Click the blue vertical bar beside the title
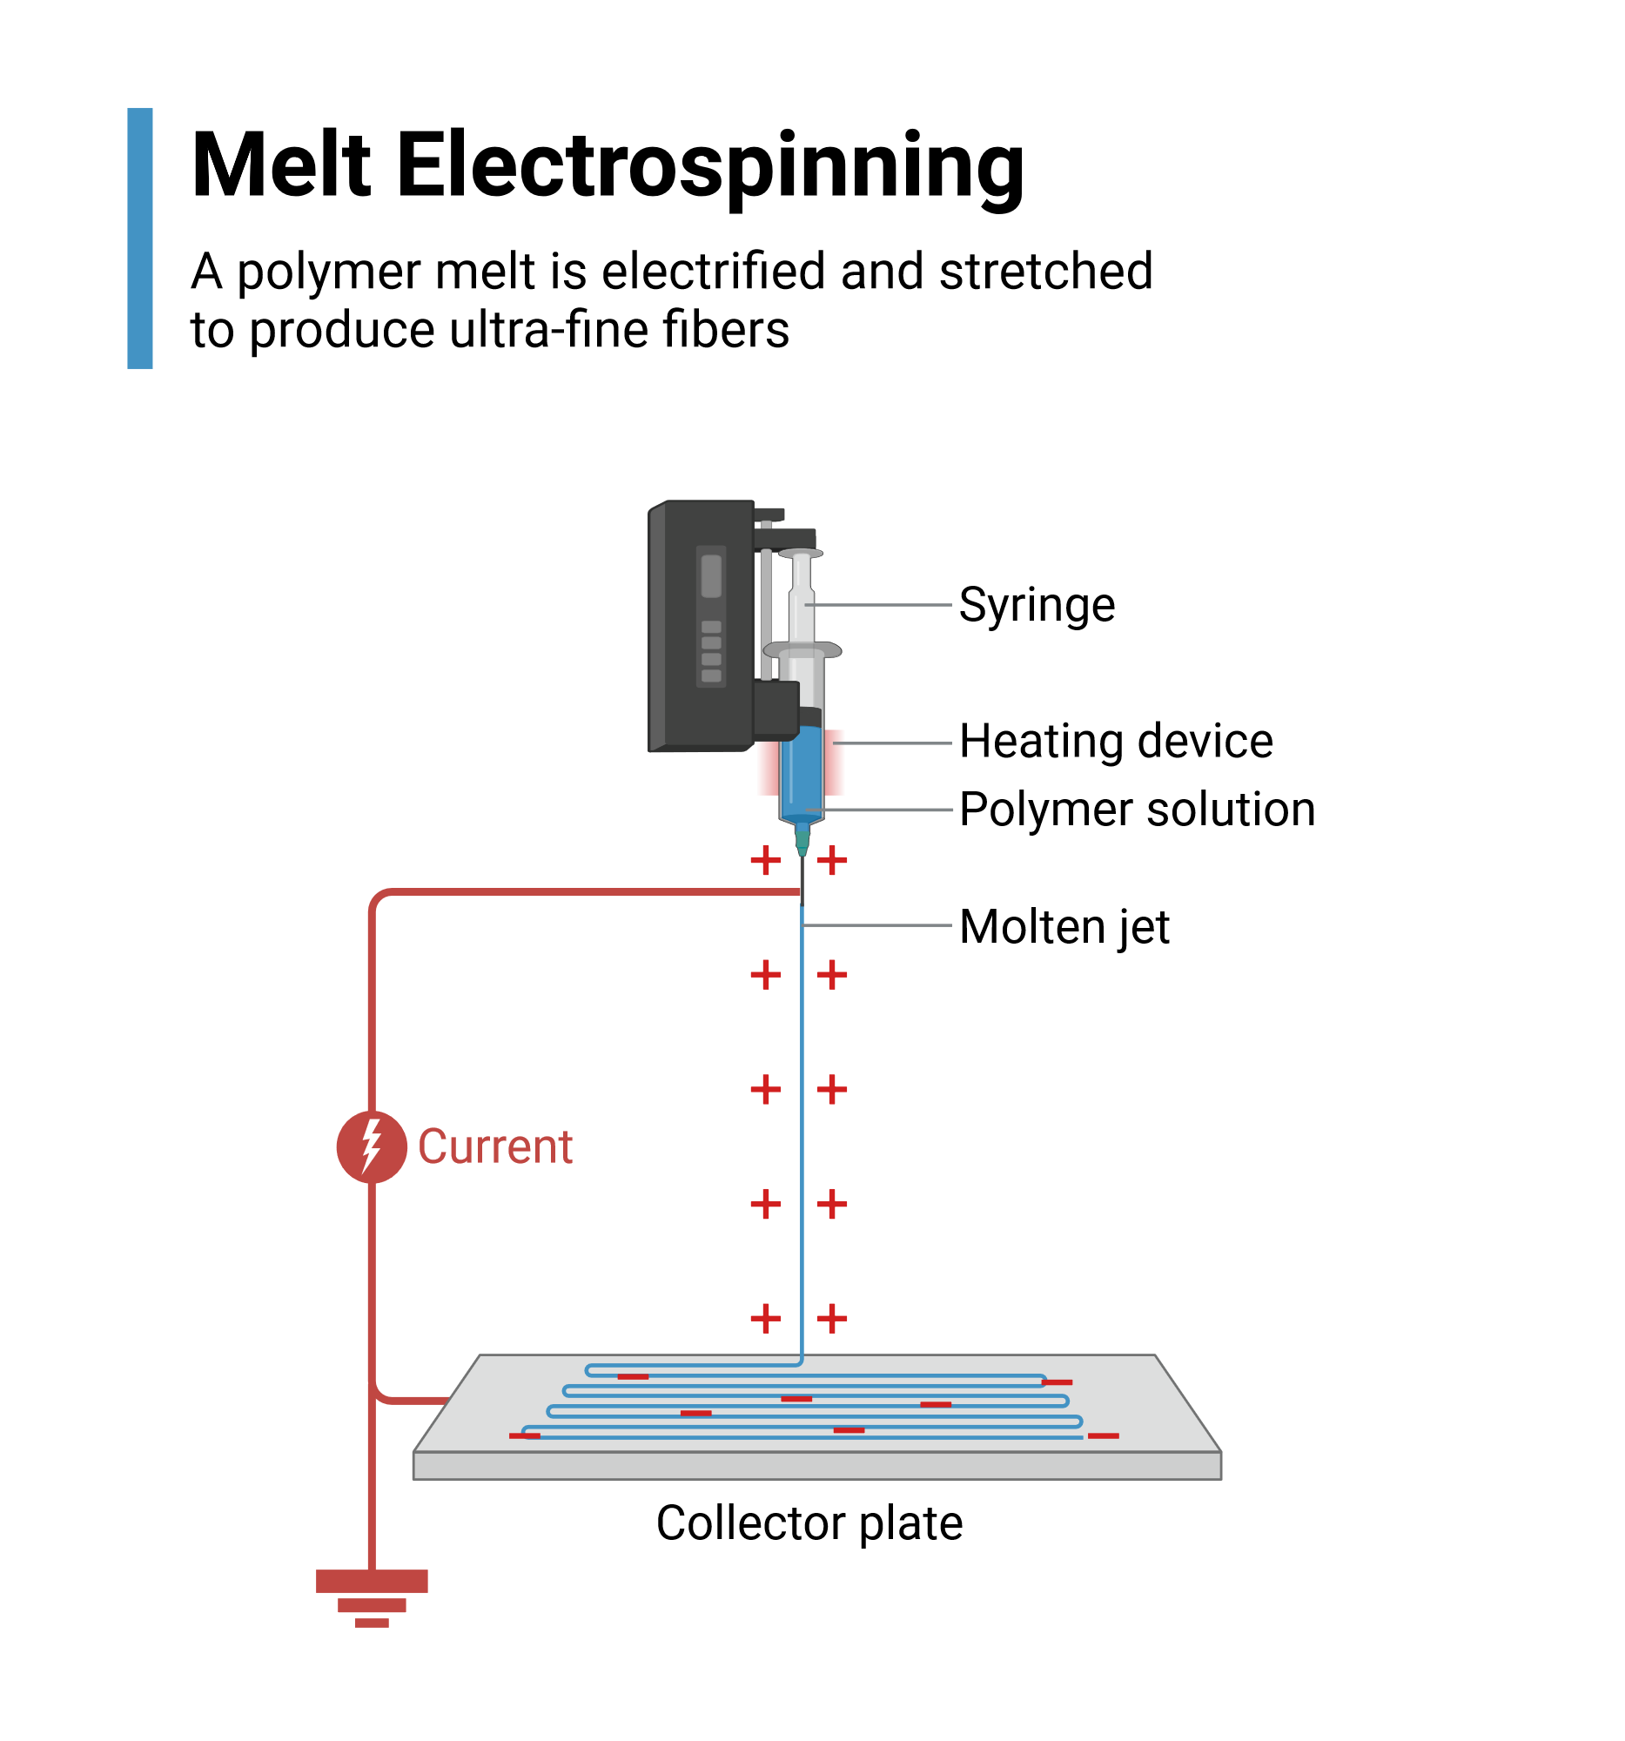click(x=139, y=239)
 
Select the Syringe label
click(x=1036, y=604)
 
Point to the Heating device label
click(x=1115, y=741)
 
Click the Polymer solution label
click(x=1137, y=810)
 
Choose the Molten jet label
click(x=1063, y=926)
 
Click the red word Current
click(x=494, y=1146)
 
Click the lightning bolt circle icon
click(x=372, y=1146)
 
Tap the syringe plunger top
click(x=800, y=554)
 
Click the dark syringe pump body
click(x=701, y=626)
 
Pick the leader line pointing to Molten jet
click(x=876, y=924)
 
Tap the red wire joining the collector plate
click(x=412, y=1400)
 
